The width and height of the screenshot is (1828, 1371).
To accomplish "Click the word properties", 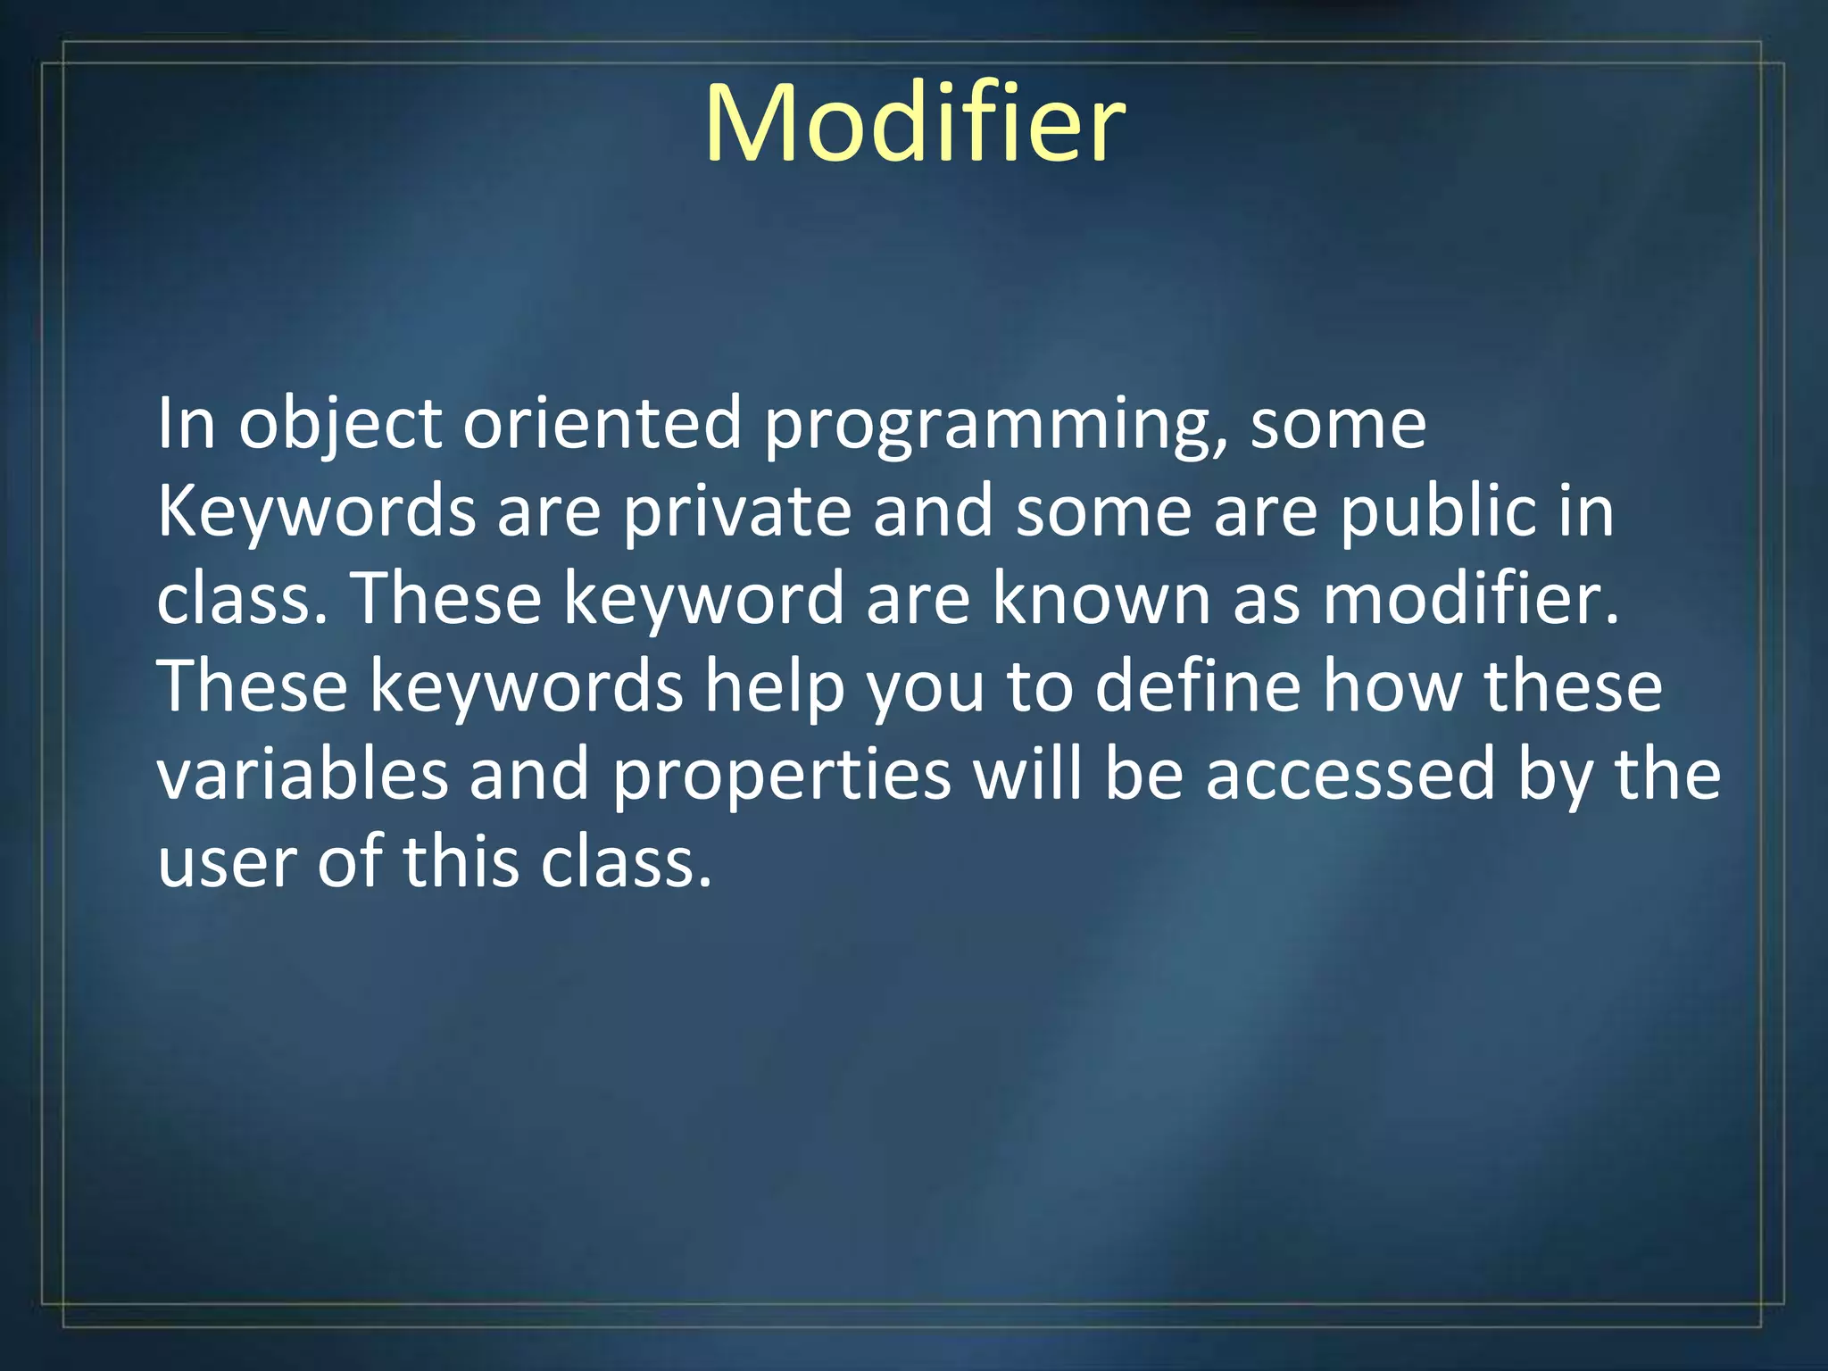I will pos(782,775).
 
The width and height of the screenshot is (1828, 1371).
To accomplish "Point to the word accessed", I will pos(1350,774).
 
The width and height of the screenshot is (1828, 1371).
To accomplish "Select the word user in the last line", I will pos(227,862).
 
